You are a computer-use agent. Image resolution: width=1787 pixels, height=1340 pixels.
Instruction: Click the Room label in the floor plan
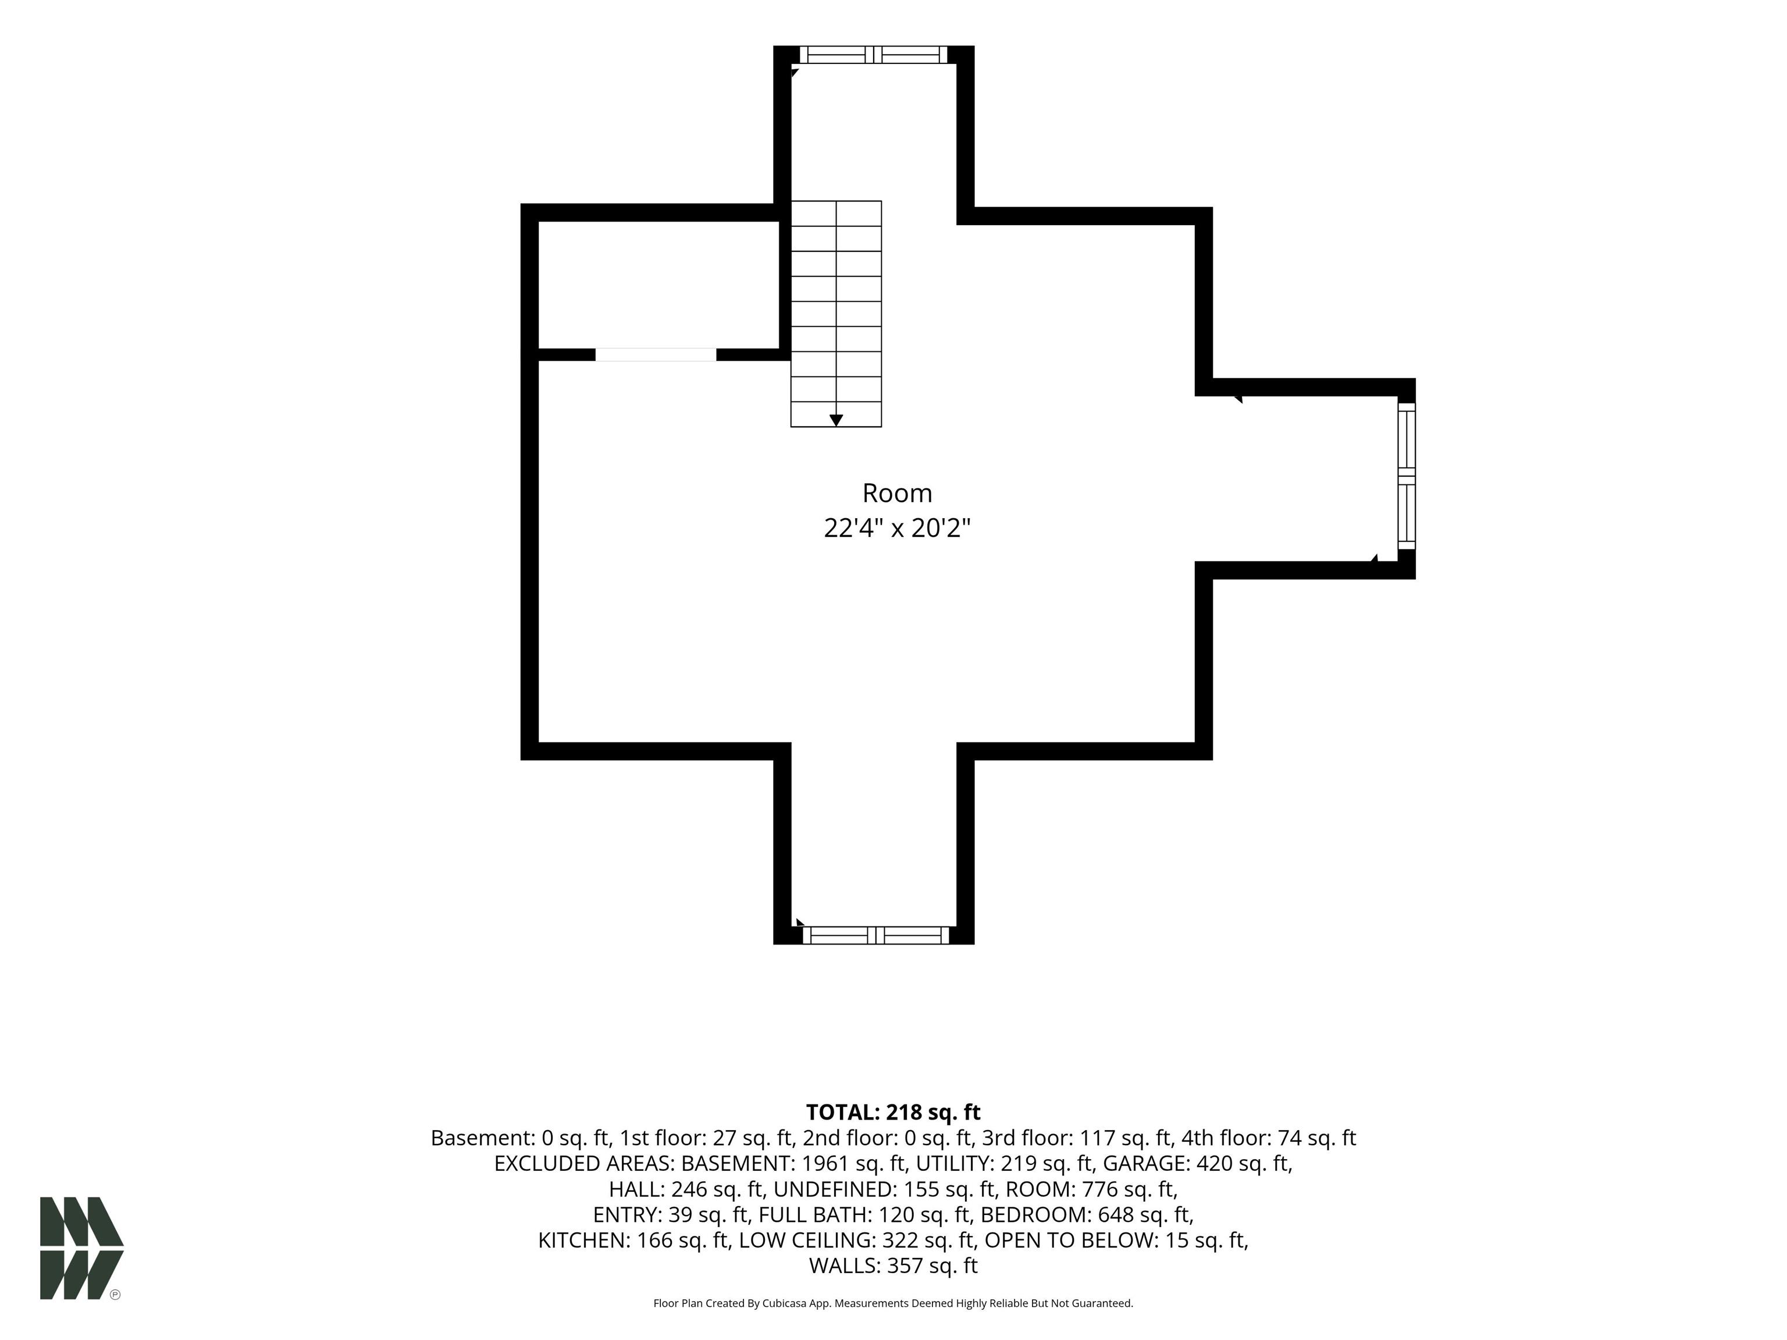(x=897, y=493)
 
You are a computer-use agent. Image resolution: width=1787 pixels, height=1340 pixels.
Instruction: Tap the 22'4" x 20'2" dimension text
(x=897, y=528)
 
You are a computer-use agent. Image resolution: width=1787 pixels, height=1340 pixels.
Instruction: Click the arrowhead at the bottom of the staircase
(x=836, y=420)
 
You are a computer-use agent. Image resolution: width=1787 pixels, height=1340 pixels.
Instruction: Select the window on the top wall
(x=873, y=54)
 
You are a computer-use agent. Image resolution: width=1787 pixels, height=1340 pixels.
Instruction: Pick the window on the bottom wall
(x=875, y=935)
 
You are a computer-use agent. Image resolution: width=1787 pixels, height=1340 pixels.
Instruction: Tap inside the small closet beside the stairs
(x=658, y=284)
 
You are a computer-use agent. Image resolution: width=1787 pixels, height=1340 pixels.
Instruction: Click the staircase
(x=836, y=313)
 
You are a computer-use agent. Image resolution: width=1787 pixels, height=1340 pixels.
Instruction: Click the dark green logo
(x=81, y=1248)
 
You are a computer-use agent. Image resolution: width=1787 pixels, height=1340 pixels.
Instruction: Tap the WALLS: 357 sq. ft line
(x=893, y=1266)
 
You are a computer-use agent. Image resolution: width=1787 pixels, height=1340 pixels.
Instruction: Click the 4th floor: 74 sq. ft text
(x=1268, y=1138)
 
